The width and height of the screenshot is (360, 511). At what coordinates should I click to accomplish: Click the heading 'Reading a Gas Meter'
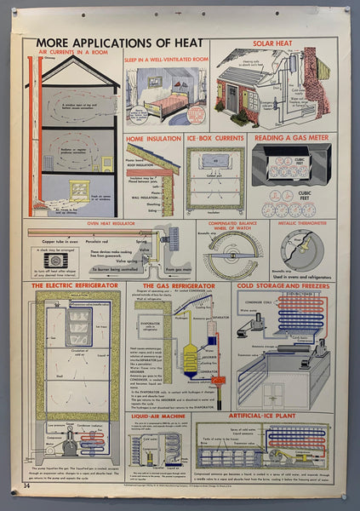(x=289, y=138)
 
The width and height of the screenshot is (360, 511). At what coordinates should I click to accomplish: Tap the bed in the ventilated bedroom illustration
(x=170, y=102)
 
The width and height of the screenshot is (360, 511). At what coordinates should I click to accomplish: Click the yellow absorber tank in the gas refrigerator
(x=191, y=359)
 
